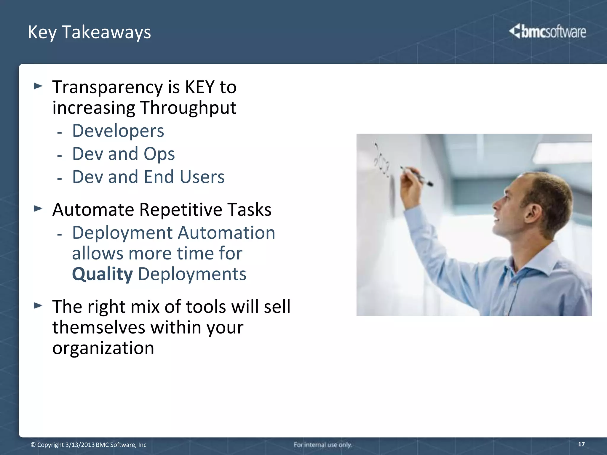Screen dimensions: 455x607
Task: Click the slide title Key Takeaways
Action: (89, 32)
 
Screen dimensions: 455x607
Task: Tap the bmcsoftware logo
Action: (547, 31)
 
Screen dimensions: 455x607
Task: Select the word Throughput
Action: (188, 108)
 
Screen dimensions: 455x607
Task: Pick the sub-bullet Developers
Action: (118, 131)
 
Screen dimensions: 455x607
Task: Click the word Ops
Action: (159, 154)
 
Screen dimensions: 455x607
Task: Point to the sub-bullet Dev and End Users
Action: (148, 177)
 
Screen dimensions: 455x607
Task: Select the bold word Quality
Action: (102, 274)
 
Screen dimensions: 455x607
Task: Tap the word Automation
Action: (226, 233)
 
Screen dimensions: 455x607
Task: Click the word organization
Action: (103, 348)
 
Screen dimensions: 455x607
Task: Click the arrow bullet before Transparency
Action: (38, 86)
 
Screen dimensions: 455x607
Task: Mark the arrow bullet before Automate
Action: (38, 209)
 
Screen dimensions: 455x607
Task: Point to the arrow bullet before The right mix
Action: (38, 305)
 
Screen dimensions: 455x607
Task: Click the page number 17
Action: (581, 444)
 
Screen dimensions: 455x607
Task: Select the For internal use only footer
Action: (322, 445)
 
